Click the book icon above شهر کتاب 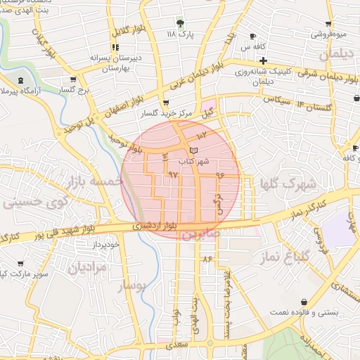tap(194, 150)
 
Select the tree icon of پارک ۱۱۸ tap(180, 22)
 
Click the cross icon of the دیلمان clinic tap(262, 60)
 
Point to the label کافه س tap(257, 46)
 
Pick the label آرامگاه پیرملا tap(20, 92)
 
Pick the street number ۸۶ tap(207, 259)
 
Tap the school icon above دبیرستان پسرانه tap(115, 47)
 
